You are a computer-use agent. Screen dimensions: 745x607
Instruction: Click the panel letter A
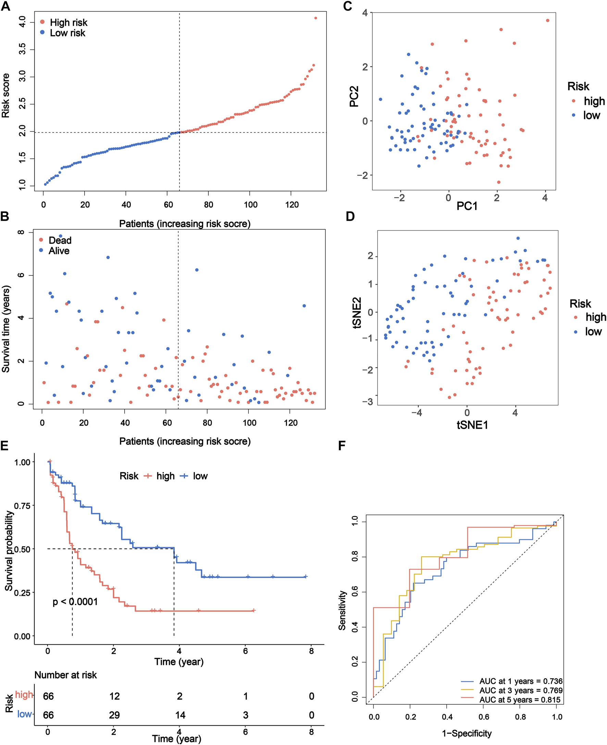5,6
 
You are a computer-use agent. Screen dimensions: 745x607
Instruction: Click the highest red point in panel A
315,18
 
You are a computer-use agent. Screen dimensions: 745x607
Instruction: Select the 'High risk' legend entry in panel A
68,23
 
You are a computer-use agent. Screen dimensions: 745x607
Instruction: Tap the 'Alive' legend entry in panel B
59,251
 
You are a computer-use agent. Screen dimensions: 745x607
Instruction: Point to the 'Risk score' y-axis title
5,96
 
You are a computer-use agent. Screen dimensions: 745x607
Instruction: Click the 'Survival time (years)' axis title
5,329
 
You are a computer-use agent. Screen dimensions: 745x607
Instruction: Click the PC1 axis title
467,206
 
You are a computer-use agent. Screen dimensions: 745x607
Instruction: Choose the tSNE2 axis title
357,313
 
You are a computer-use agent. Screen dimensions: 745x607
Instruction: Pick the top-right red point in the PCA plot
547,21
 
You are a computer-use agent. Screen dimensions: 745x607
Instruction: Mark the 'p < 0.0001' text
75,602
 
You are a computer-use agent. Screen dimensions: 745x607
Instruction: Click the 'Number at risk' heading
65,675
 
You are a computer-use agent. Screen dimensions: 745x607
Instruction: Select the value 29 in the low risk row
114,715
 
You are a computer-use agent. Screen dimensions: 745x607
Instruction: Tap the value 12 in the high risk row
114,696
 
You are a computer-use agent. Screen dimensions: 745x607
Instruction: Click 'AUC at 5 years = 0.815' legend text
520,700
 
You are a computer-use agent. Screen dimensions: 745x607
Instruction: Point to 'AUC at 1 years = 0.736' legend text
521,681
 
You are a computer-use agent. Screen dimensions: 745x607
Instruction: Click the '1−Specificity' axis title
467,733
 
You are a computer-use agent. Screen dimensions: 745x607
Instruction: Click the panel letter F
342,445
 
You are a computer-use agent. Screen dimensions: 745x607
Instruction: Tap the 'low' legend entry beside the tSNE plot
593,332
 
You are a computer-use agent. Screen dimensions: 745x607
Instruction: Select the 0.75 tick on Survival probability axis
22,505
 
